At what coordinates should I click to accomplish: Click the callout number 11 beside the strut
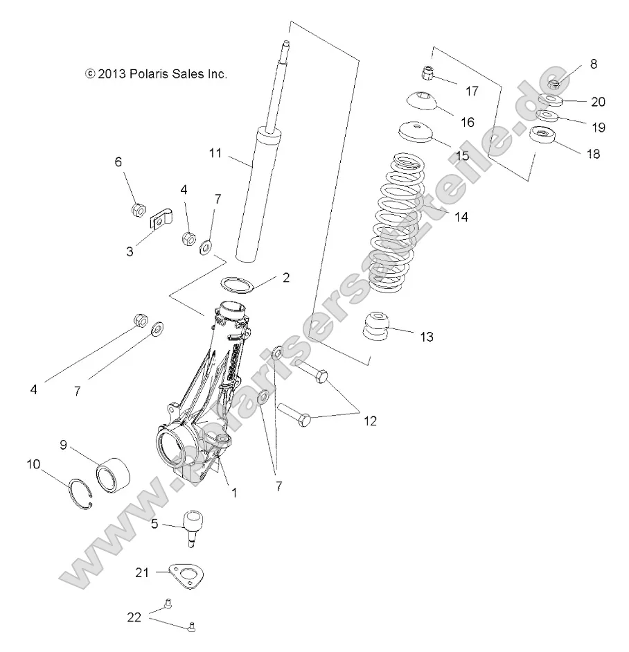[x=215, y=153]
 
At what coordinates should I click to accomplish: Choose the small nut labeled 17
[x=427, y=72]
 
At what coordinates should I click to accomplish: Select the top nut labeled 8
[x=553, y=84]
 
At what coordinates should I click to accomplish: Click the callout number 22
[x=136, y=617]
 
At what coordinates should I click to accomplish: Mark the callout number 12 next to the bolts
[x=370, y=421]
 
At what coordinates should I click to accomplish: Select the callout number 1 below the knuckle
[x=234, y=493]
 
